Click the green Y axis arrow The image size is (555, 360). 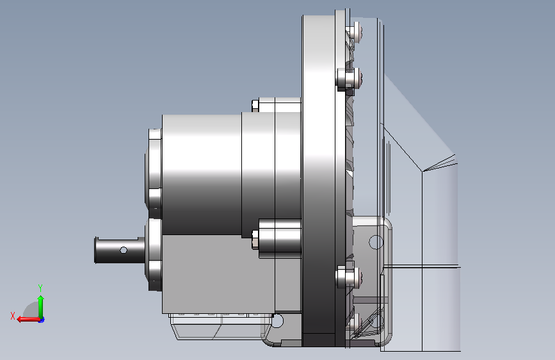41,306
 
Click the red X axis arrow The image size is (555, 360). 28,319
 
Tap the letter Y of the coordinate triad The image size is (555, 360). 40,288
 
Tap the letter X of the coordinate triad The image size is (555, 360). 13,316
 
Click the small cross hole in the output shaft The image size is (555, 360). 124,250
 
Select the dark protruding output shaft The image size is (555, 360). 120,250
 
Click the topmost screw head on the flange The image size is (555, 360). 355,32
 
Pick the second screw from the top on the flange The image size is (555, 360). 349,78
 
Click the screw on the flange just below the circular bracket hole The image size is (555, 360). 349,276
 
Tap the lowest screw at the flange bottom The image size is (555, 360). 356,322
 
